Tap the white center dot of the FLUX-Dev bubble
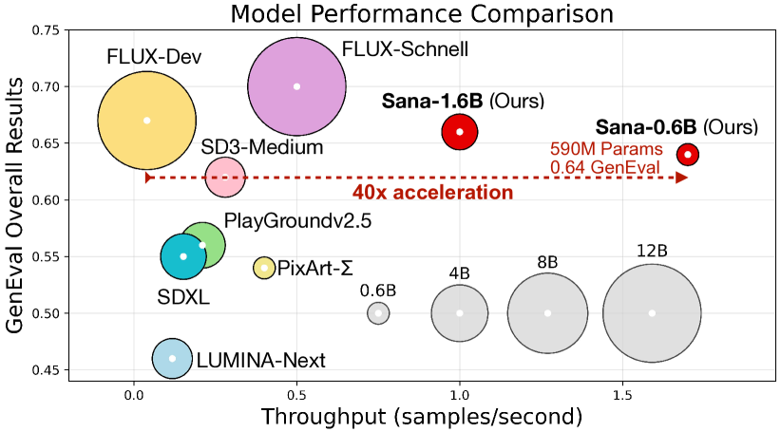146,121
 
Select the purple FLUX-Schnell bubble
296,86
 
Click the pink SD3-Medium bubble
225,176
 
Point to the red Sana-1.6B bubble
460,132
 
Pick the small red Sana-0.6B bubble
688,154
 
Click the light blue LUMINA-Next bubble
172,359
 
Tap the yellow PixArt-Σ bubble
264,268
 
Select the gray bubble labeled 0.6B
378,313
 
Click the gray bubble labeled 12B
652,313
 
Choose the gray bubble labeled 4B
460,313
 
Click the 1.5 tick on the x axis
622,393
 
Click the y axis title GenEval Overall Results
15,204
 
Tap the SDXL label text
184,298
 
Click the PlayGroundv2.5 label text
297,222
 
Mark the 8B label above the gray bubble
546,262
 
